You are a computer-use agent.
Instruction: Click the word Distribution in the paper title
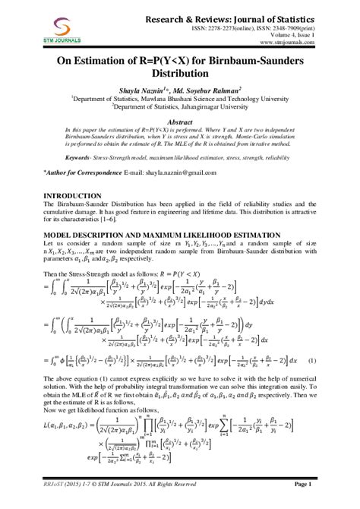point(180,81)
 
